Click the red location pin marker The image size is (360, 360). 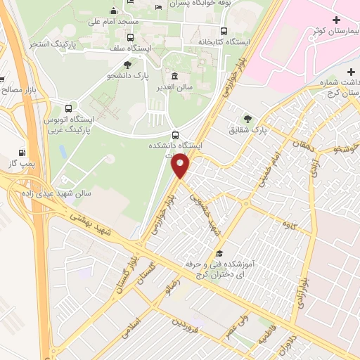pyautogui.click(x=181, y=166)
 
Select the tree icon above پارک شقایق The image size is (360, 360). pyautogui.click(x=247, y=118)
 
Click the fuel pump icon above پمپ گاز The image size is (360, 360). pyautogui.click(x=23, y=152)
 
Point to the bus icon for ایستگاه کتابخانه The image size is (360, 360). pyautogui.click(x=224, y=31)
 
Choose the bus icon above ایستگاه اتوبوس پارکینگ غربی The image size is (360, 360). pyautogui.click(x=68, y=109)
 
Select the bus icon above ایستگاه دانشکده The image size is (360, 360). pyautogui.click(x=175, y=134)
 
